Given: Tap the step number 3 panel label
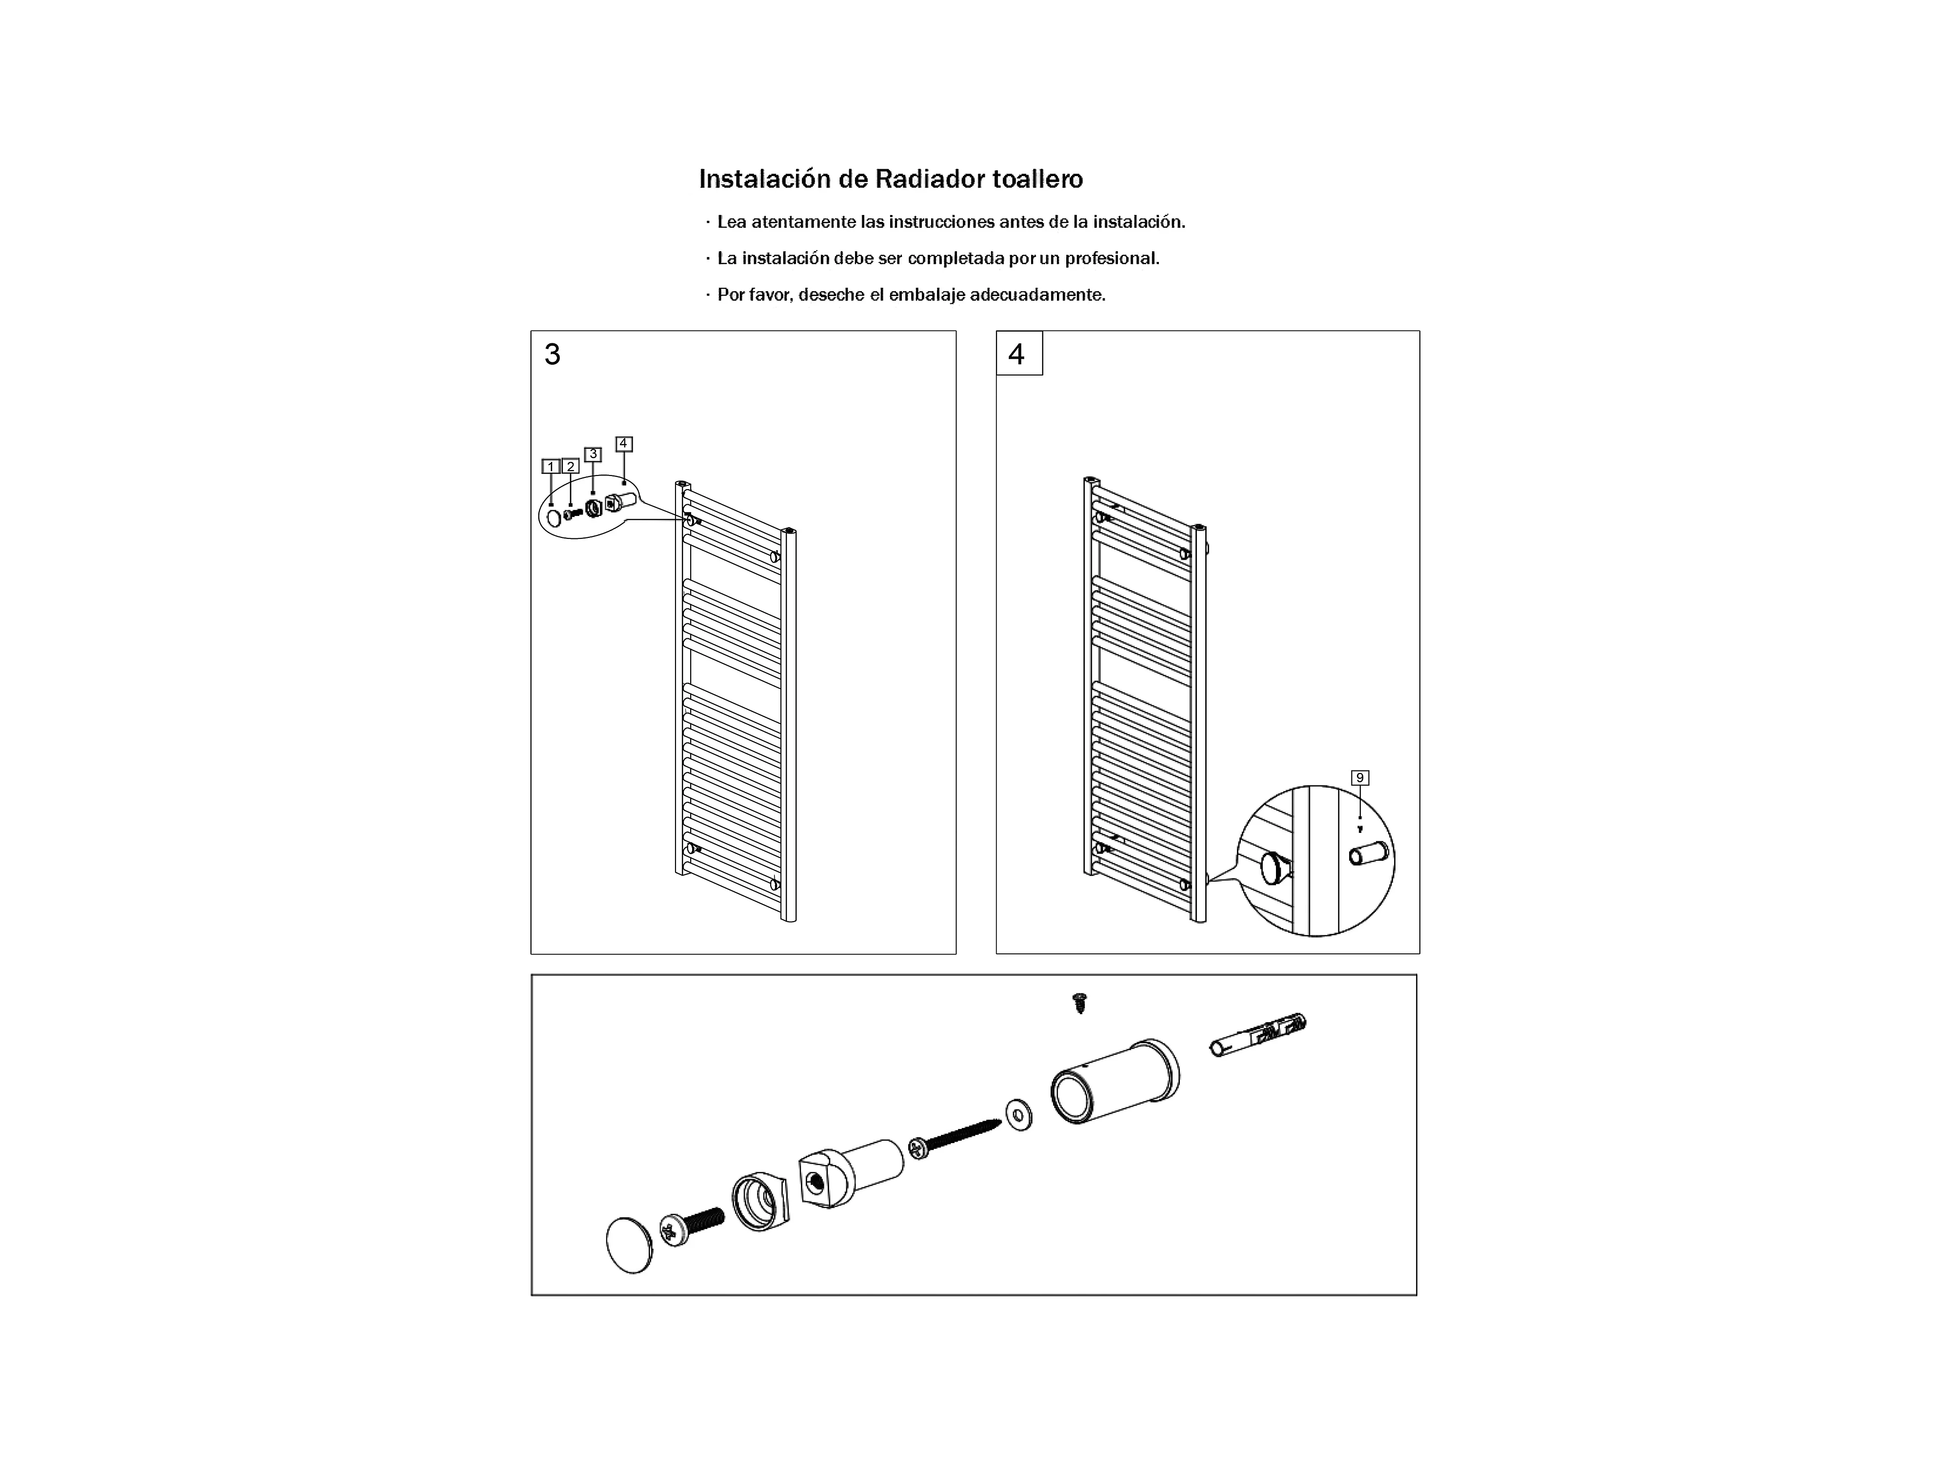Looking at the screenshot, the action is (552, 355).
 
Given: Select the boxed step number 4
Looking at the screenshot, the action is (1019, 354).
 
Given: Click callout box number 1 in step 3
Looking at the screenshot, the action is (550, 467).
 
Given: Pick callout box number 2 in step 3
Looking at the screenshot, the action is (571, 467).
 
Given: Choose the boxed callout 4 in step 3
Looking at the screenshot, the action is (623, 444).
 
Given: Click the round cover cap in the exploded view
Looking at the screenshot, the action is (630, 1245).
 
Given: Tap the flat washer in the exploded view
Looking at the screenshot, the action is (1019, 1115).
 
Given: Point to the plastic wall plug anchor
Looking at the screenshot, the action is (1258, 1034).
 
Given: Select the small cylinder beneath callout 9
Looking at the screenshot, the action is (1368, 853).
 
